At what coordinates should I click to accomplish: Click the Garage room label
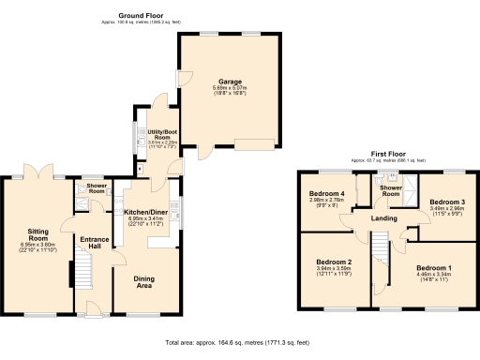coord(231,81)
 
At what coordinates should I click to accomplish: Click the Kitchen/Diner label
coord(144,212)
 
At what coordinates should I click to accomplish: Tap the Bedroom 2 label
coord(334,262)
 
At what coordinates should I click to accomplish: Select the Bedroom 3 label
coord(446,202)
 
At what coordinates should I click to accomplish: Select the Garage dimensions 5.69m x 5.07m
coord(231,88)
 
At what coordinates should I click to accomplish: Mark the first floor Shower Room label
coord(390,191)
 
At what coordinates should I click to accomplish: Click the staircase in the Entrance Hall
coord(82,275)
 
